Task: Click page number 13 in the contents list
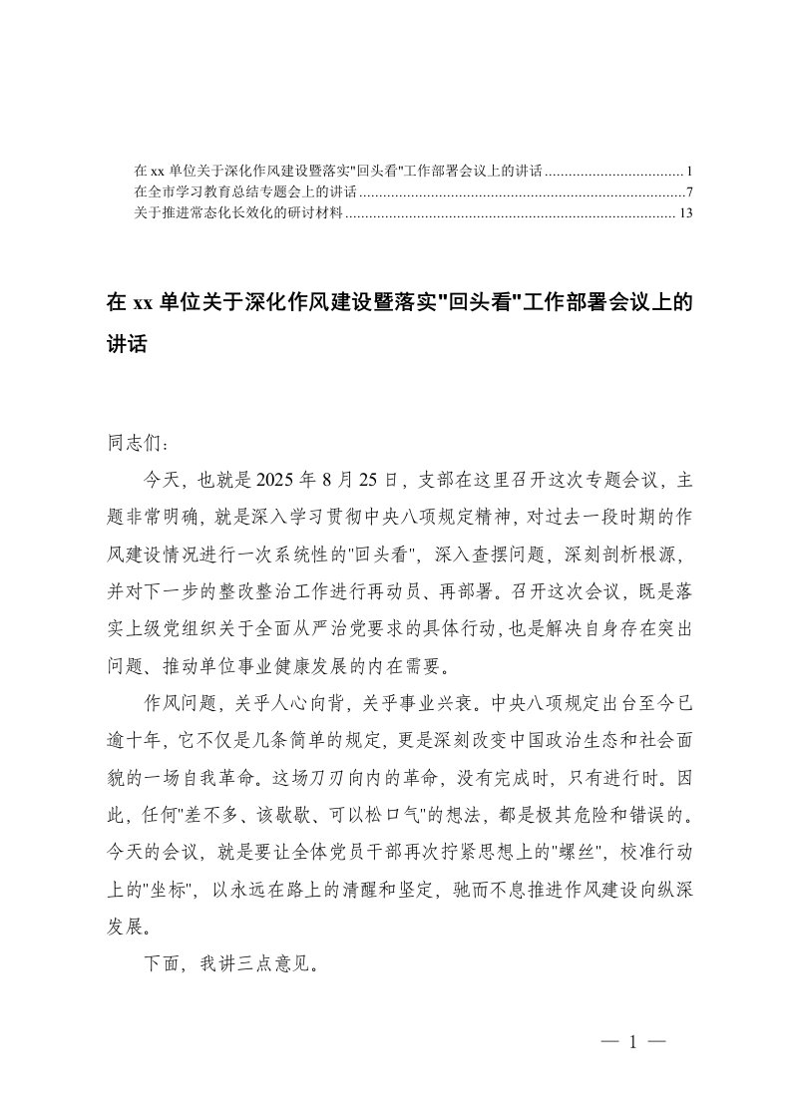click(x=684, y=212)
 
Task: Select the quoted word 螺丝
click(x=571, y=860)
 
